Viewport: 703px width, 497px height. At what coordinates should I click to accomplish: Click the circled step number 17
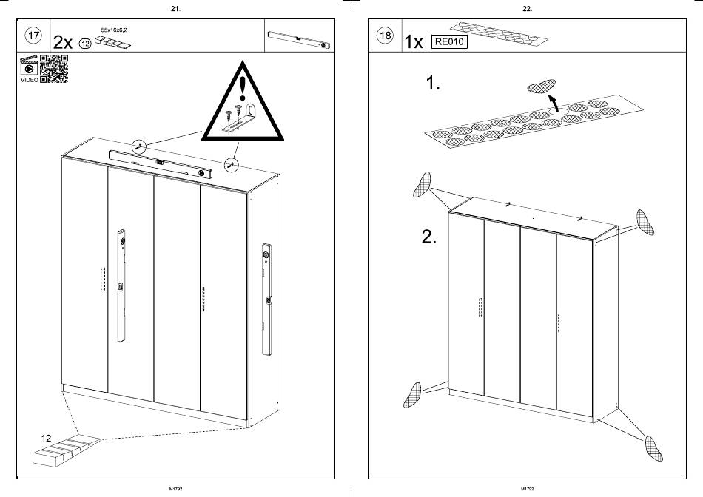(x=33, y=35)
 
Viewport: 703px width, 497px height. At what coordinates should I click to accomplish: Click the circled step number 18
(x=385, y=36)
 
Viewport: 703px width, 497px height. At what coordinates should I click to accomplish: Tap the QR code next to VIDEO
(x=53, y=68)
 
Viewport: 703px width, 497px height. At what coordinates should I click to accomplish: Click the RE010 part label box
(x=449, y=42)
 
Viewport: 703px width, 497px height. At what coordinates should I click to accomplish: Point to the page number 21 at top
(x=175, y=9)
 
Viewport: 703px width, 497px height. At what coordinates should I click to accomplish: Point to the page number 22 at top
(x=527, y=9)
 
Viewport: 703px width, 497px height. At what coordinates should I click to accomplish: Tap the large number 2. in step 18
(x=429, y=237)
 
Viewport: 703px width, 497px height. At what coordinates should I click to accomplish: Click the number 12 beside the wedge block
(x=46, y=438)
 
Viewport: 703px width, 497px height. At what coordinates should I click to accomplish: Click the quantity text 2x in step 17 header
(x=64, y=43)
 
